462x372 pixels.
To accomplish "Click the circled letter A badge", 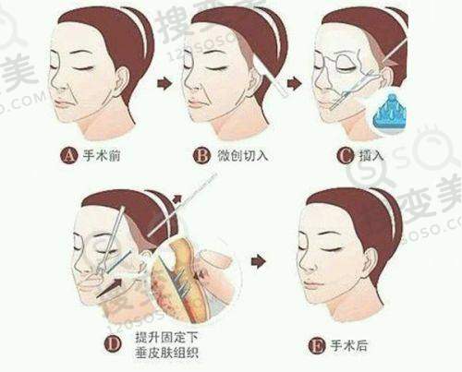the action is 69,155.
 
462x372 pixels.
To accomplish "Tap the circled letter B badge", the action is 202,155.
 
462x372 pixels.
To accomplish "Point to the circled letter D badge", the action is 114,343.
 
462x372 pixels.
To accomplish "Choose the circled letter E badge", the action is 317,346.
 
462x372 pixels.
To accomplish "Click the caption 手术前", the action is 102,155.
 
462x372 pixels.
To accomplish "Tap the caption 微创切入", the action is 243,155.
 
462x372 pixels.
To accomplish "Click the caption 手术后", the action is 349,346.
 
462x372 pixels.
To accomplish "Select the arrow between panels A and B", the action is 164,83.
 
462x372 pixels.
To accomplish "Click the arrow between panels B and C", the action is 295,83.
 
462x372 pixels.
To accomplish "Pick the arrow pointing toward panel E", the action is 259,261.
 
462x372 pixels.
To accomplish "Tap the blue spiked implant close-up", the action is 389,113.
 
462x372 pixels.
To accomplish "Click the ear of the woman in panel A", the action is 122,83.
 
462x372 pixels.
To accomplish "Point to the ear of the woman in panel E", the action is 371,265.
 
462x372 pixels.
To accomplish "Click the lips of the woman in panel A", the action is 64,103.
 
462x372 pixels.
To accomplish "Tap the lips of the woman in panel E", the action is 311,283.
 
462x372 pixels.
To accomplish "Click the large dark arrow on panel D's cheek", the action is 109,288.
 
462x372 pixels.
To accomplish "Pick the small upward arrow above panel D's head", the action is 176,199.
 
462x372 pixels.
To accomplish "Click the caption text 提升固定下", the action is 167,337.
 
